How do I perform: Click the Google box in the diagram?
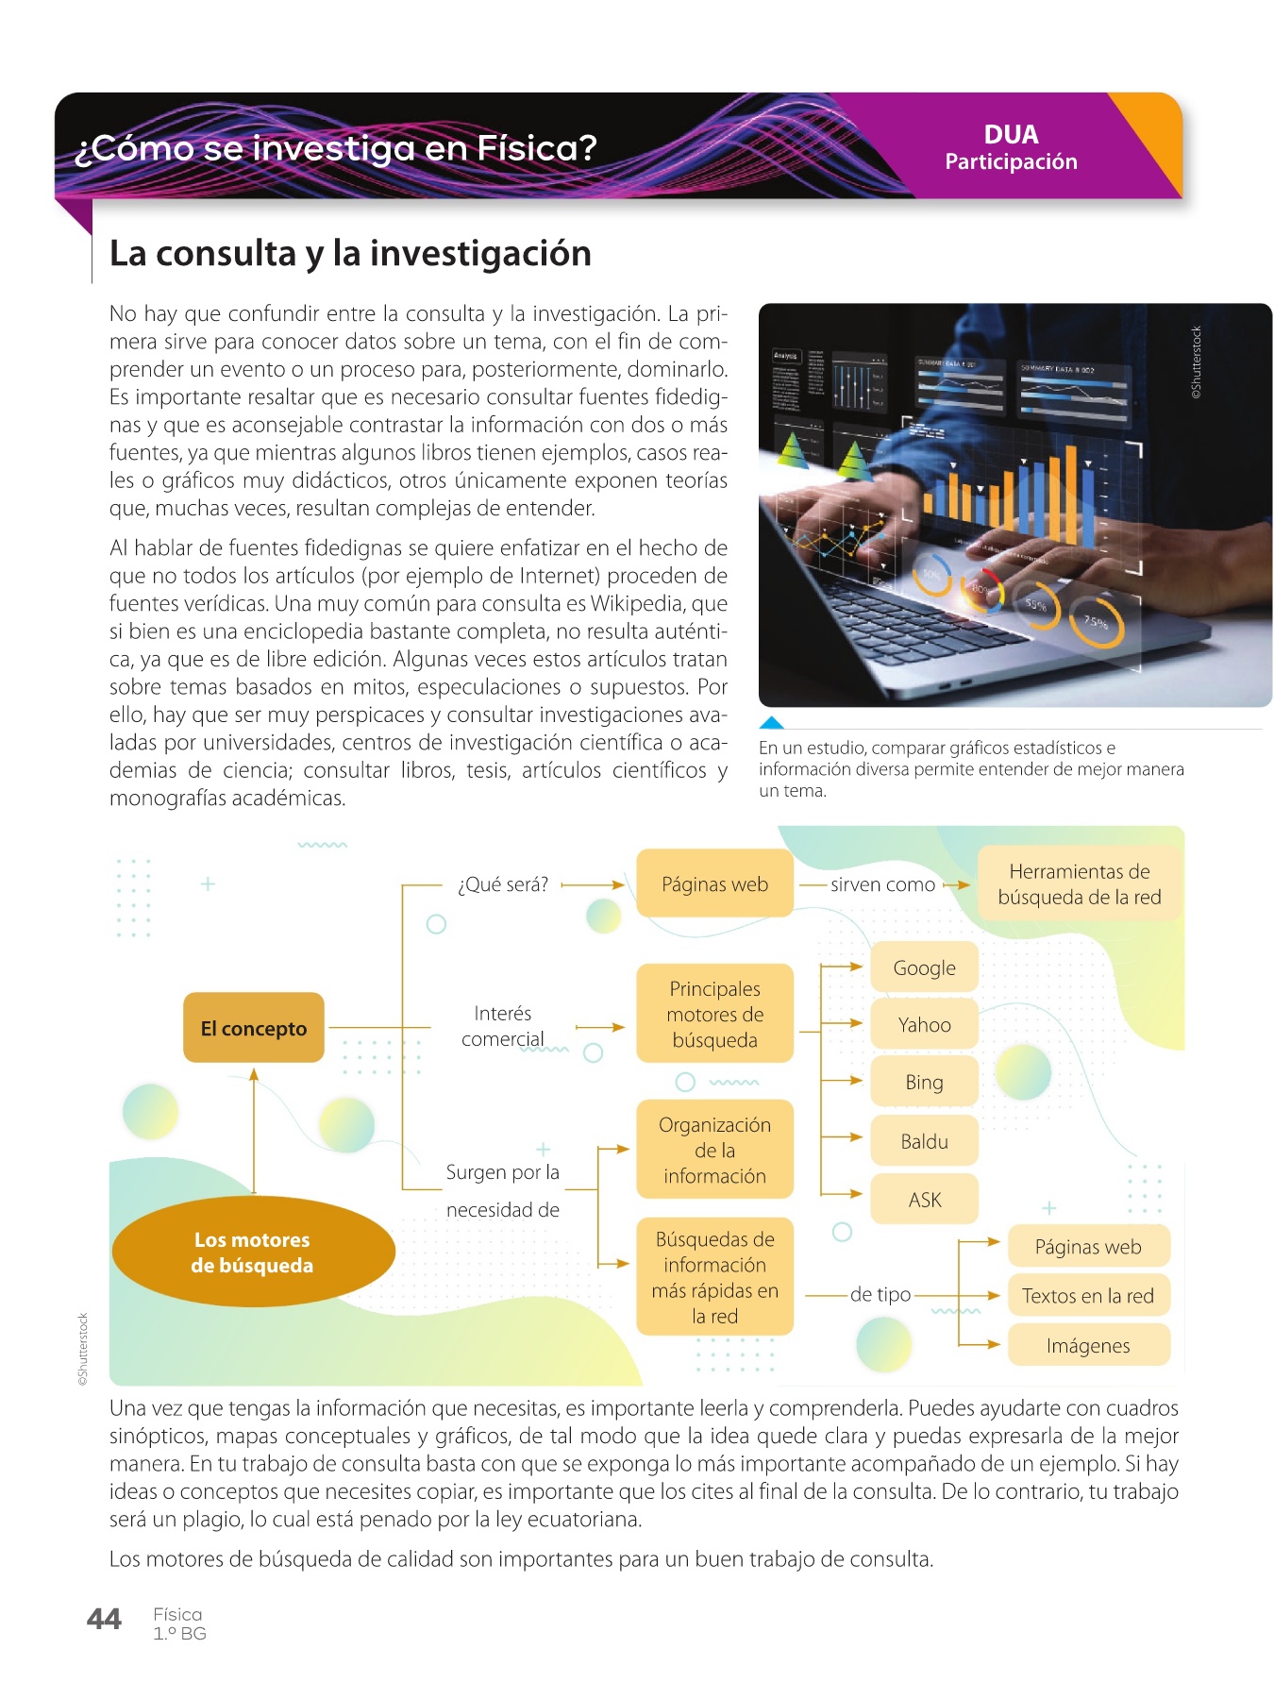[x=924, y=967]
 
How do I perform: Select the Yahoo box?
[x=924, y=1025]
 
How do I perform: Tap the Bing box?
[x=924, y=1083]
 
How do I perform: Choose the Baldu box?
[x=924, y=1141]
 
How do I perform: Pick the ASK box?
[x=924, y=1200]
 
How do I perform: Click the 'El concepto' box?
[x=253, y=1028]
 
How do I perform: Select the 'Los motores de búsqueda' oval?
[x=252, y=1253]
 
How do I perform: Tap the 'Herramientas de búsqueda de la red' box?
[x=1079, y=884]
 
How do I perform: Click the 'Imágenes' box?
[x=1088, y=1345]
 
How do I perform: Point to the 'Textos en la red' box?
[x=1088, y=1296]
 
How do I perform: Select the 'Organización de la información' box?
[x=714, y=1150]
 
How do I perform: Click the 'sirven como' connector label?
[x=882, y=884]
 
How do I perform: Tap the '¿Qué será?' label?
[x=502, y=884]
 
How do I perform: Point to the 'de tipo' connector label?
[x=880, y=1294]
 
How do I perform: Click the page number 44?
[x=104, y=1620]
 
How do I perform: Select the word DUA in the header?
[x=1011, y=134]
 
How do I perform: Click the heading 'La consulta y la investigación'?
[x=350, y=253]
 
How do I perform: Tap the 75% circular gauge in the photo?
[x=1097, y=622]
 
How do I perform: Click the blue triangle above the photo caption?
[x=772, y=723]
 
